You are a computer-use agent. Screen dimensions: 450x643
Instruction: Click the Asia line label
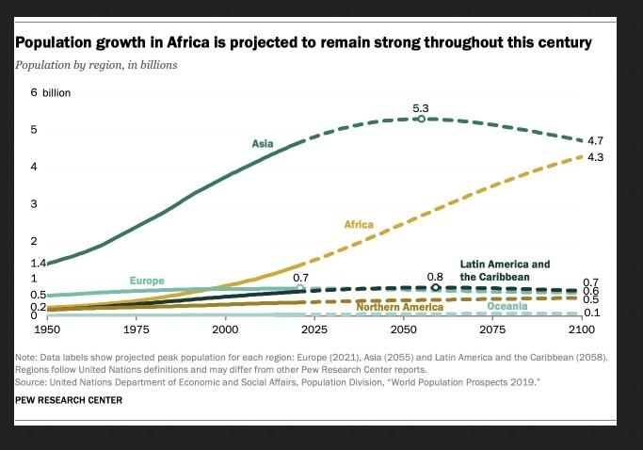[x=262, y=144]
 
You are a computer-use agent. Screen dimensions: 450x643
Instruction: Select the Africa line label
[x=359, y=225]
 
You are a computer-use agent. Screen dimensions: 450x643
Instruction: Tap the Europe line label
[x=146, y=281]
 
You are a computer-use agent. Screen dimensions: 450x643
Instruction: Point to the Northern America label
[x=400, y=307]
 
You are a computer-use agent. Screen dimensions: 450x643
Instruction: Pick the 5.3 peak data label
[x=420, y=109]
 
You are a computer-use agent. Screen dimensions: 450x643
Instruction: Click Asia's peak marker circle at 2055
[x=421, y=120]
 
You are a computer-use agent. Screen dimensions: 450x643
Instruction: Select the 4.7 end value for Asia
[x=594, y=140]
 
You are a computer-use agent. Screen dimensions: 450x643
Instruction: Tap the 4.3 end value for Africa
[x=594, y=157]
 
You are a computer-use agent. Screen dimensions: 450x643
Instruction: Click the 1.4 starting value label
[x=38, y=263]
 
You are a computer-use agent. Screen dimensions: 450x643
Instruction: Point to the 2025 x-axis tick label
[x=313, y=330]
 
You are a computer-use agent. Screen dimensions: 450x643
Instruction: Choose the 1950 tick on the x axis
[x=47, y=330]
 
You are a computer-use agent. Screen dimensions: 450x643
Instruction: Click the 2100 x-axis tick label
[x=582, y=330]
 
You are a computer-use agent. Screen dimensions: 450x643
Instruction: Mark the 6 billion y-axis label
[x=50, y=93]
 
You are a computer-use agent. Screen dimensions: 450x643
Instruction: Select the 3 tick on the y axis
[x=34, y=204]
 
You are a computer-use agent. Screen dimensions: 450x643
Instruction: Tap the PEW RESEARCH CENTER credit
[x=69, y=400]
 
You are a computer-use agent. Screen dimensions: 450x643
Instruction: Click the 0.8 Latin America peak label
[x=434, y=277]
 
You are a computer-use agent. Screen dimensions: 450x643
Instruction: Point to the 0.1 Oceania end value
[x=591, y=313]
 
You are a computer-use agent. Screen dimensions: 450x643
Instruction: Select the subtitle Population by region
[x=96, y=65]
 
